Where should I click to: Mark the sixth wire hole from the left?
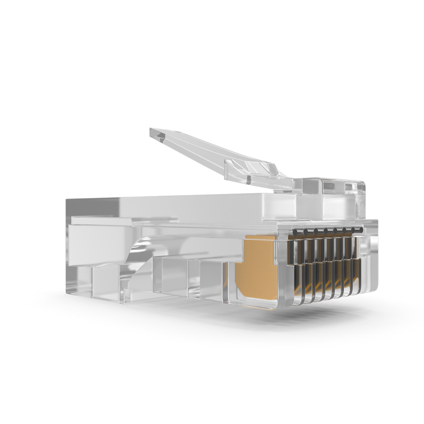[x=344, y=230]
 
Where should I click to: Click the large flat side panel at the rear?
[x=95, y=244]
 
